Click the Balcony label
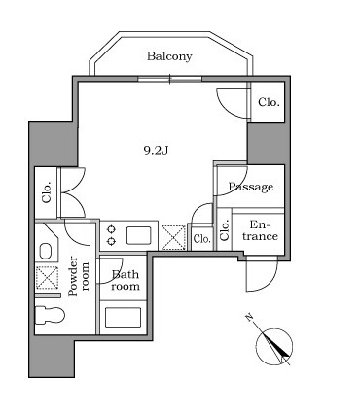point(169,56)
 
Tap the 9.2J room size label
point(156,151)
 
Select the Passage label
point(251,187)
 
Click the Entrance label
point(261,230)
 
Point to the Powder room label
point(78,276)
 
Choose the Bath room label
point(126,280)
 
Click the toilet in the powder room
point(50,315)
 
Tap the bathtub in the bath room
point(124,317)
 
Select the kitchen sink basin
point(139,235)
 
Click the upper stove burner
point(111,229)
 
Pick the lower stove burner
point(111,241)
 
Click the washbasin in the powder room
point(46,251)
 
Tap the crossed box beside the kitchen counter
point(173,237)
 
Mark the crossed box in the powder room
point(47,277)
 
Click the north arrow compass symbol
point(274,346)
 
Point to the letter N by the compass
point(249,317)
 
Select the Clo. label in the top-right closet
point(269,102)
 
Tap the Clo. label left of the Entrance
point(225,230)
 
